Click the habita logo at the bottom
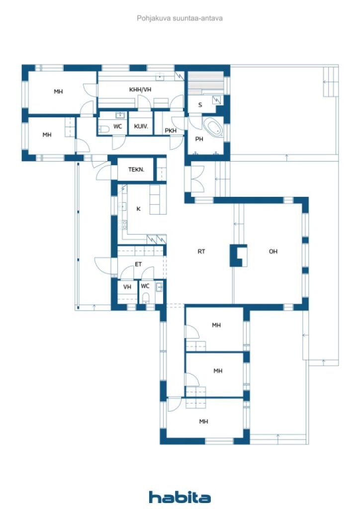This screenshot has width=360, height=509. [180, 497]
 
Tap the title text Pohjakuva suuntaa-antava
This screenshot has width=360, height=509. [180, 18]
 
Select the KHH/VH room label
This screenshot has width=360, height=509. [140, 89]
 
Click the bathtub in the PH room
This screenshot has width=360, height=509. [213, 128]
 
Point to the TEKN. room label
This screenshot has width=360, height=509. [136, 170]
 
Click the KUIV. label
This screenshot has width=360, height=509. [141, 126]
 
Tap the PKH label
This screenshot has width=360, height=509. [171, 131]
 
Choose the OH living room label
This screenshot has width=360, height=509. [273, 251]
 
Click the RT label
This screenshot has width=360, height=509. [201, 251]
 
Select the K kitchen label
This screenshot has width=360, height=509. [138, 209]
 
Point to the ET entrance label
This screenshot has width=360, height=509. [138, 264]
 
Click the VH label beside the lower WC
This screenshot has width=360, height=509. [127, 287]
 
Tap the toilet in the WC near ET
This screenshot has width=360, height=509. [146, 298]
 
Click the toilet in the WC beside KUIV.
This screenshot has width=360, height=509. [104, 130]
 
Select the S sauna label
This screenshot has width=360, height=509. [200, 105]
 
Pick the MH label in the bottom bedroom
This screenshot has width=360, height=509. [203, 422]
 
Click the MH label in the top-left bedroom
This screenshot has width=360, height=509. [58, 91]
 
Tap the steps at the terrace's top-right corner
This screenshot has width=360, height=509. [331, 82]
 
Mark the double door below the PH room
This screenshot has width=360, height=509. [197, 178]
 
